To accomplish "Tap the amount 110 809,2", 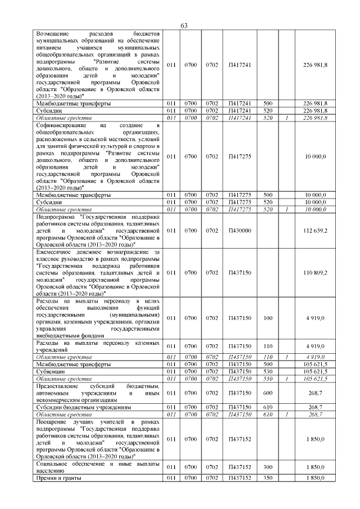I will pos(315,273).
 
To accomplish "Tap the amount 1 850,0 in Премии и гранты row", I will pos(316,478).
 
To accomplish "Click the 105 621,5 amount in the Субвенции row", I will pos(315,372).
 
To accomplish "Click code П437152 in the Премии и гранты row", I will pos(240,478).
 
